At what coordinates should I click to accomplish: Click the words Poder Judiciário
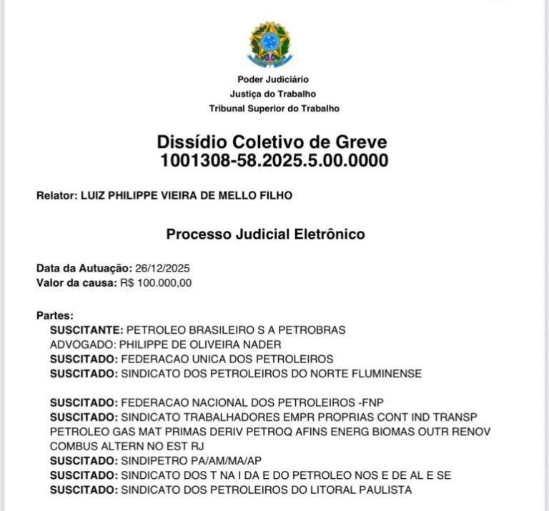274,79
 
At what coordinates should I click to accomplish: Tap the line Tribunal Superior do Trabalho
274,109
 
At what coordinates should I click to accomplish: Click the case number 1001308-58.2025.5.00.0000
274,161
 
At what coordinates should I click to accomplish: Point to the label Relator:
56,196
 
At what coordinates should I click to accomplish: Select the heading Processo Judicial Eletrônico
265,234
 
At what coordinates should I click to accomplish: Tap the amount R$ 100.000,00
156,282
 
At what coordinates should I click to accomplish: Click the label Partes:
55,315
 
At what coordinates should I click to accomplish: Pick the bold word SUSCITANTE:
86,330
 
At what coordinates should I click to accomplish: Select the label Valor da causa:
76,282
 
